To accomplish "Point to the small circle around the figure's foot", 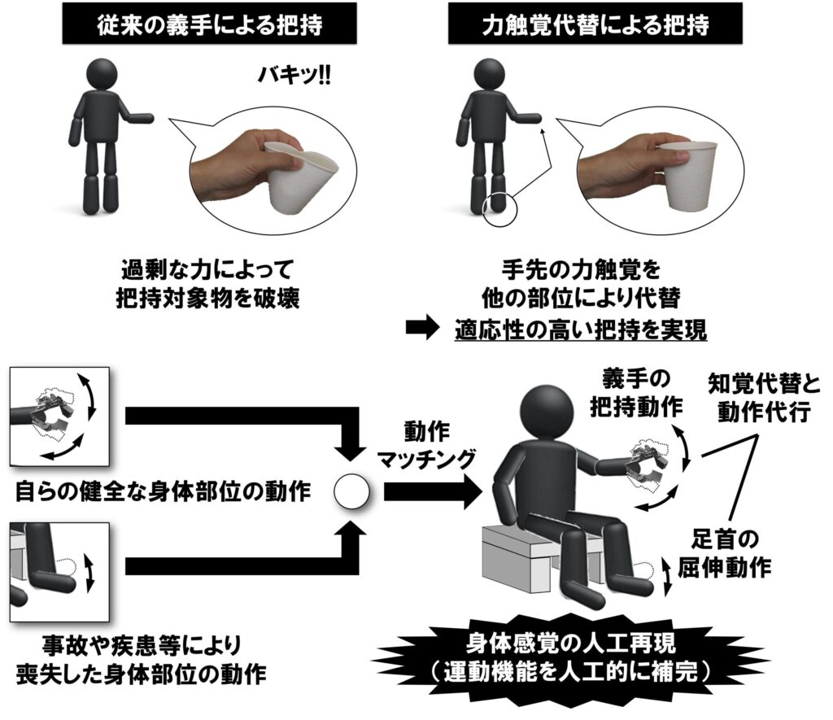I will pyautogui.click(x=498, y=208).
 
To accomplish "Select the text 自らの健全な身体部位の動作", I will pyautogui.click(x=163, y=492).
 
